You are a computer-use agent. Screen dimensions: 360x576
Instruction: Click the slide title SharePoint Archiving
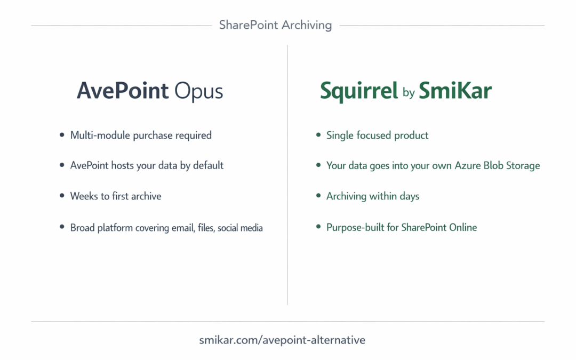pos(275,25)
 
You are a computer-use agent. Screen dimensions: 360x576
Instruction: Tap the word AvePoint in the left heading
pos(123,91)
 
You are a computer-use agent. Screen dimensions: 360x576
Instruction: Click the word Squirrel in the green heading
pos(359,91)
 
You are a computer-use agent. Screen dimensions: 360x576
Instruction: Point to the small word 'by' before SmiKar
pos(409,93)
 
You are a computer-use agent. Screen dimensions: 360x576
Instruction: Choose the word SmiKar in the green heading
pos(455,91)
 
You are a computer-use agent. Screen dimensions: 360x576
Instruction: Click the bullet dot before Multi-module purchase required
pos(62,135)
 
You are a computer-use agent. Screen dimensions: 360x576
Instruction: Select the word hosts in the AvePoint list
pos(123,165)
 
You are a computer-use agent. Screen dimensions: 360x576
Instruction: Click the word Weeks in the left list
pos(83,196)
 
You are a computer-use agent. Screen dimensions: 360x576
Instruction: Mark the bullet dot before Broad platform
pos(62,227)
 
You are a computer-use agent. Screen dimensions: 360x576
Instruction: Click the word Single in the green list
pos(340,135)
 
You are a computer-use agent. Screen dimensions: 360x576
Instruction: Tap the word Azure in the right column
pos(468,165)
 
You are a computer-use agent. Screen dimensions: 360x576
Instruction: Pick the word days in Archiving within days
pos(409,196)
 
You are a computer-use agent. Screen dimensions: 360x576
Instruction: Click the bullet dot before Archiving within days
pos(318,196)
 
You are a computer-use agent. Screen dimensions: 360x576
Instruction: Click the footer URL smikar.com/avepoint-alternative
pos(282,340)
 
